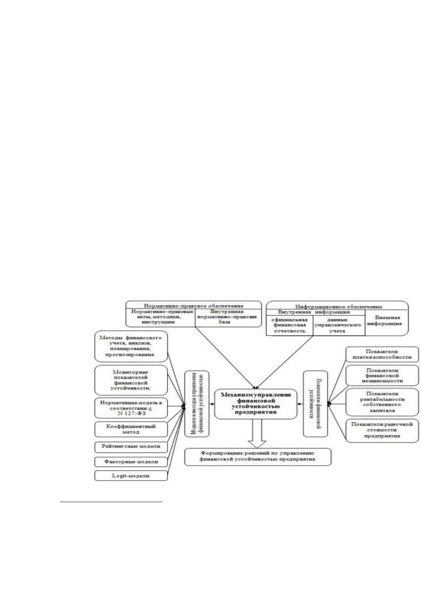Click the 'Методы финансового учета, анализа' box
tap(131, 346)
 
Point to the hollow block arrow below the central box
tap(257, 434)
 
